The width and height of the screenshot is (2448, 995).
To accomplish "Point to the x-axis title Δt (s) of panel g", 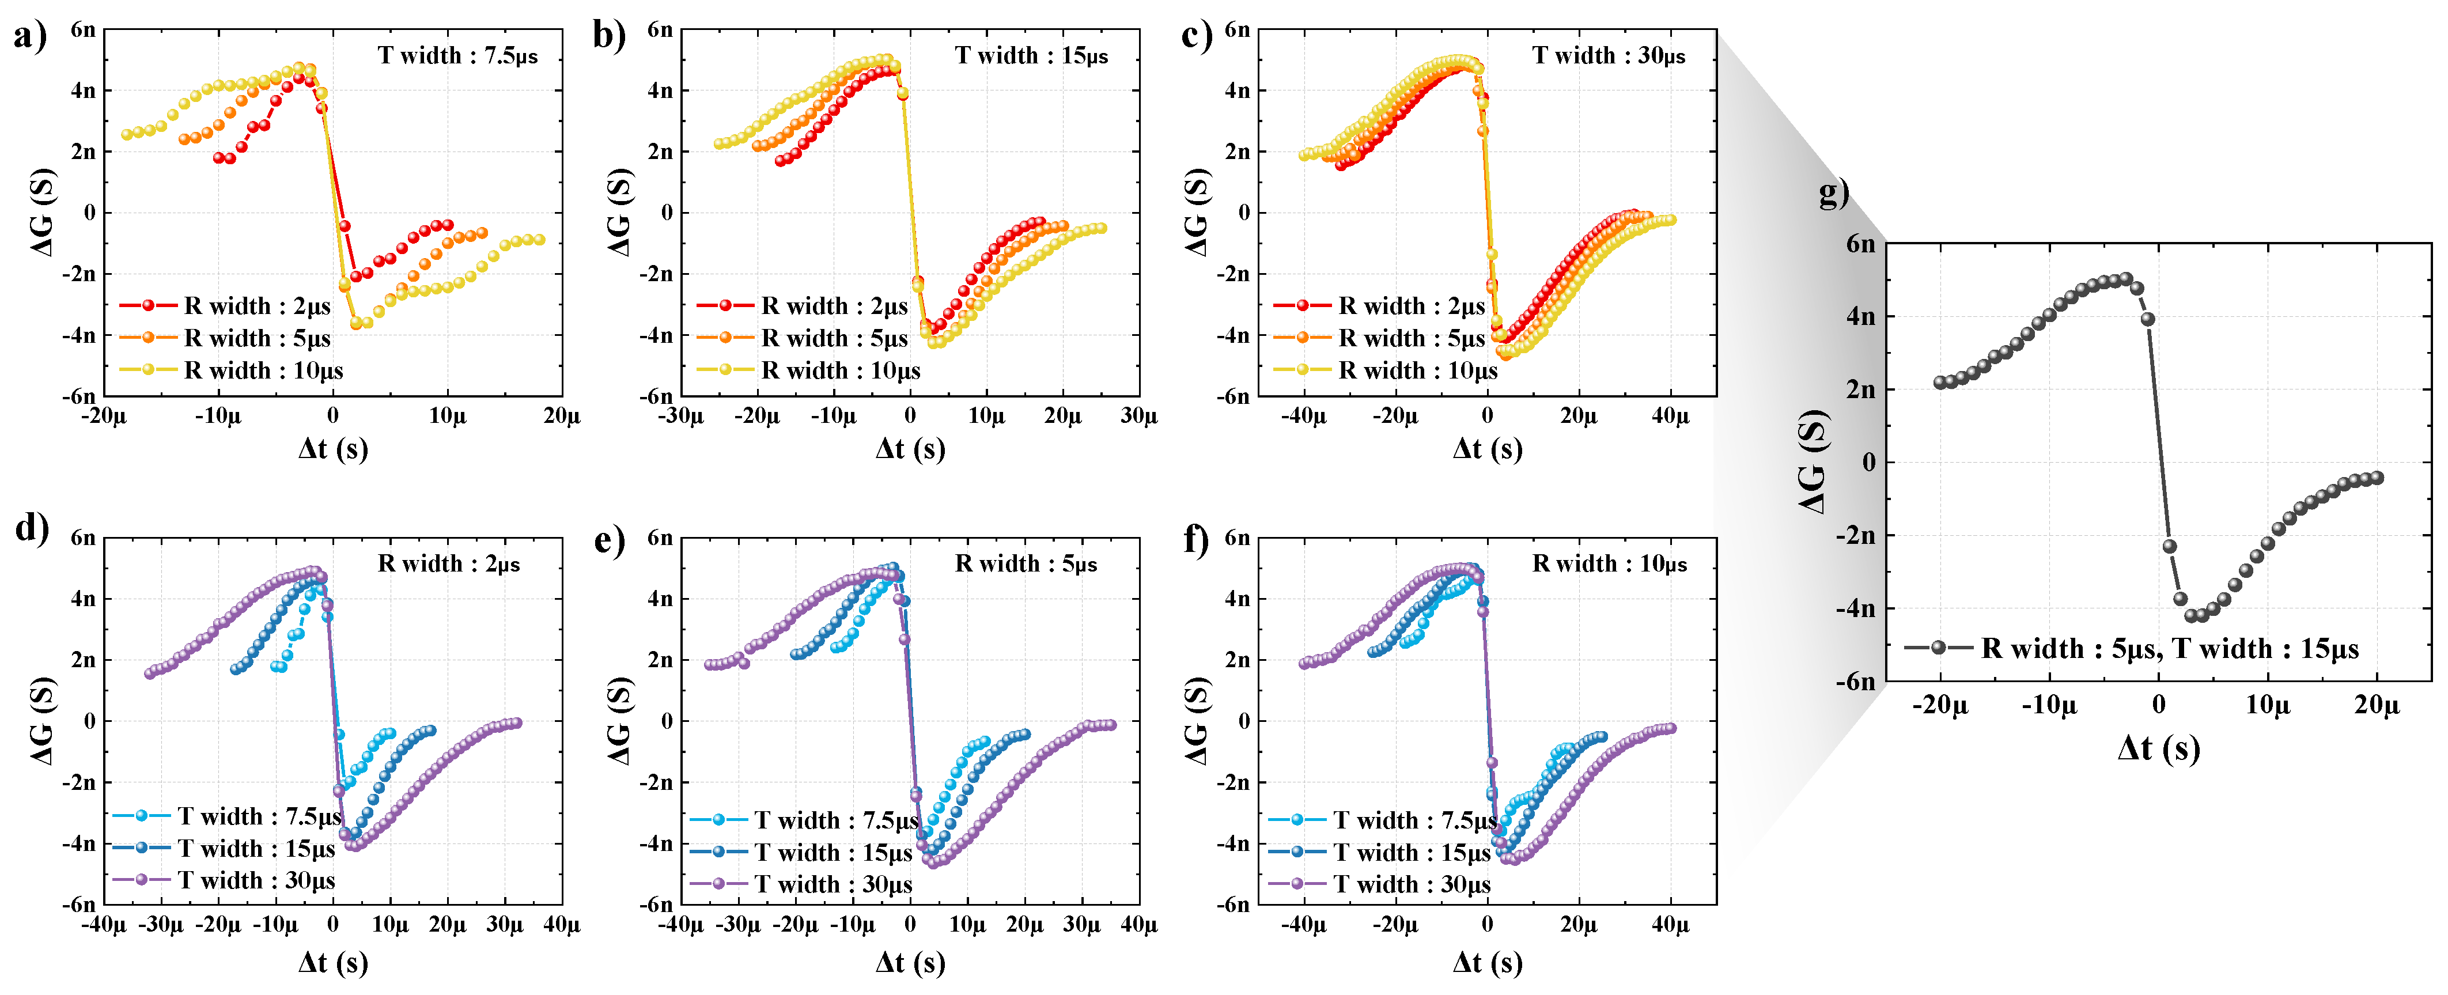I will point(2158,749).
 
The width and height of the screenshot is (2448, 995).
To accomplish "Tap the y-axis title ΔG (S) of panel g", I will point(1813,462).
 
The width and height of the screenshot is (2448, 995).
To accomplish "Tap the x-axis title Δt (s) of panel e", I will point(910,963).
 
